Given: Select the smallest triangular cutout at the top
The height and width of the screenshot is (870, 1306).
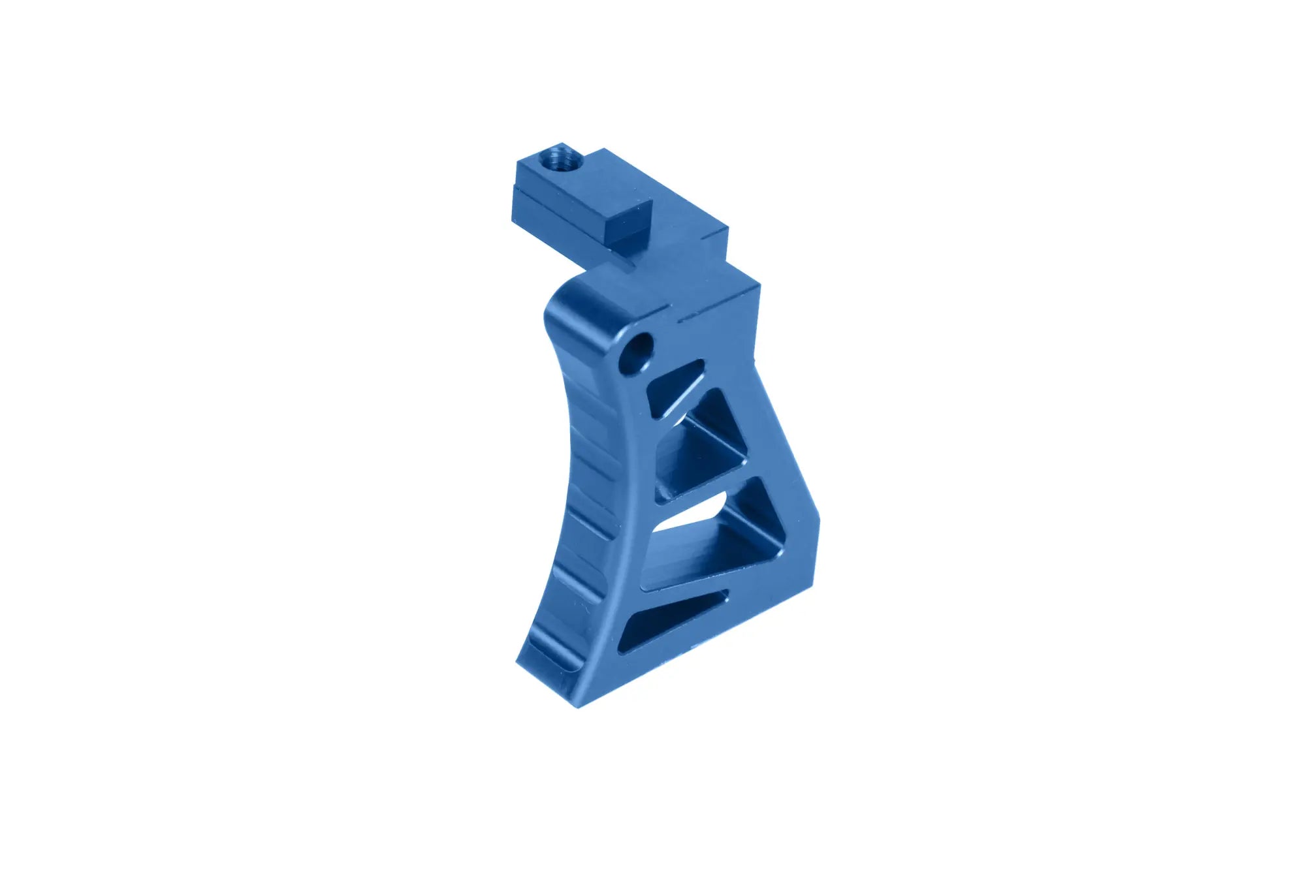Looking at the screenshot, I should [x=677, y=382].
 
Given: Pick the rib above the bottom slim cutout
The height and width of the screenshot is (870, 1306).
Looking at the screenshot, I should [x=699, y=584].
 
